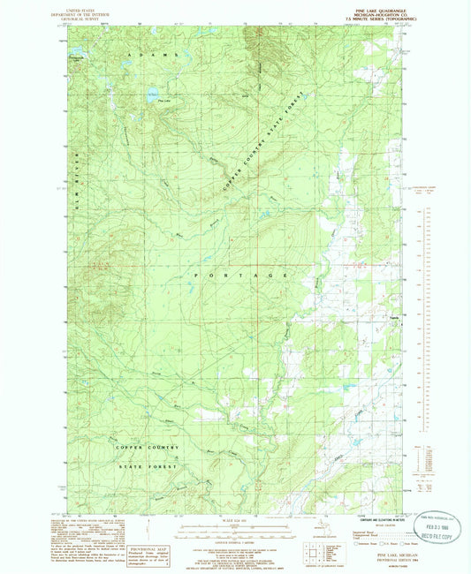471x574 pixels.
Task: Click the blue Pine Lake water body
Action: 152,93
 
